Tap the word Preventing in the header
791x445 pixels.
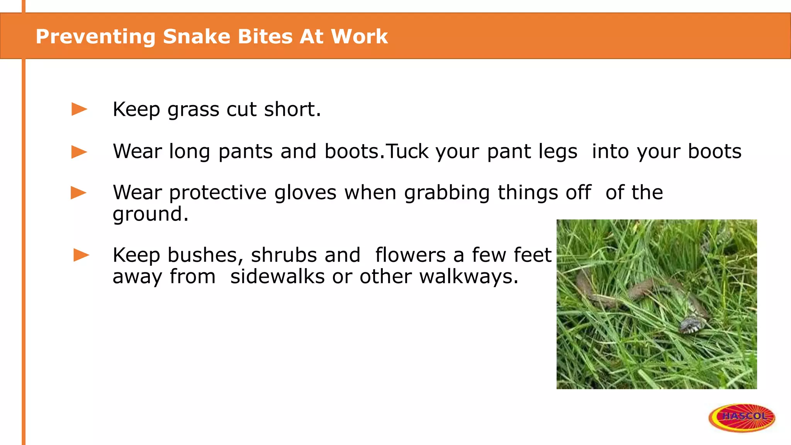(95, 37)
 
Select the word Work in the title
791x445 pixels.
(359, 37)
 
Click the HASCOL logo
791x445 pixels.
(742, 417)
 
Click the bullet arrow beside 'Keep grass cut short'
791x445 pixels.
(80, 109)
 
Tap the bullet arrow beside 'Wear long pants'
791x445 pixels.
(80, 151)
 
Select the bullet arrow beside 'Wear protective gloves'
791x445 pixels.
(79, 192)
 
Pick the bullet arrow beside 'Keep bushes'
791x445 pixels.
(81, 255)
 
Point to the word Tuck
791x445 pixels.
(407, 151)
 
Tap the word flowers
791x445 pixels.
(410, 255)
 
